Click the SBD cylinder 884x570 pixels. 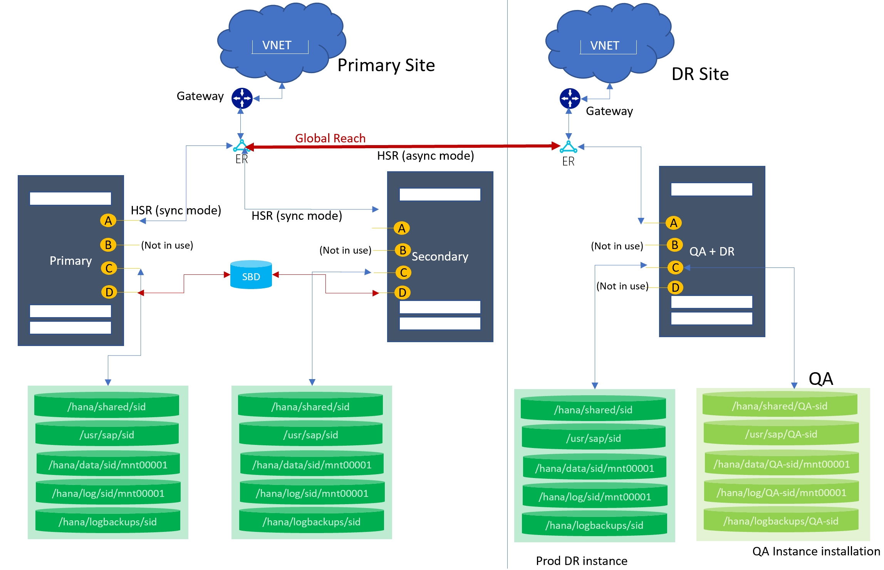coord(251,275)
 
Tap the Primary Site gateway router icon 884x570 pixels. coord(242,99)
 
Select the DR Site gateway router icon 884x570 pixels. coord(570,99)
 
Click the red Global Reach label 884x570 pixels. coord(330,138)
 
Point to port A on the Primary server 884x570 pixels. coord(108,221)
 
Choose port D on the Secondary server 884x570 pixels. coord(403,293)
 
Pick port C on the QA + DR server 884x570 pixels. coord(675,267)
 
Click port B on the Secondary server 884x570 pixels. coord(403,250)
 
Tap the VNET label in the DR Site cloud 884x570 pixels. coord(605,46)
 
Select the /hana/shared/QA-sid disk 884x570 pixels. coord(780,406)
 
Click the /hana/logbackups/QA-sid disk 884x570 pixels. coord(781,521)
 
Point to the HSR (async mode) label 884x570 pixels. coord(425,156)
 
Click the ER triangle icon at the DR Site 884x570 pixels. coord(568,147)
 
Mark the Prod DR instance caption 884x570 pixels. coord(582,561)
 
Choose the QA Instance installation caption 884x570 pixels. coord(816,551)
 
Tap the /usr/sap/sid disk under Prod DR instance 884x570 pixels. coord(594,438)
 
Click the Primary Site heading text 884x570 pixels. coord(386,65)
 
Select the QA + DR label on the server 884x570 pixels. coord(712,251)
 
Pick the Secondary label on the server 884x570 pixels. coord(440,256)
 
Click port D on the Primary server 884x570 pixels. coord(109,292)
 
